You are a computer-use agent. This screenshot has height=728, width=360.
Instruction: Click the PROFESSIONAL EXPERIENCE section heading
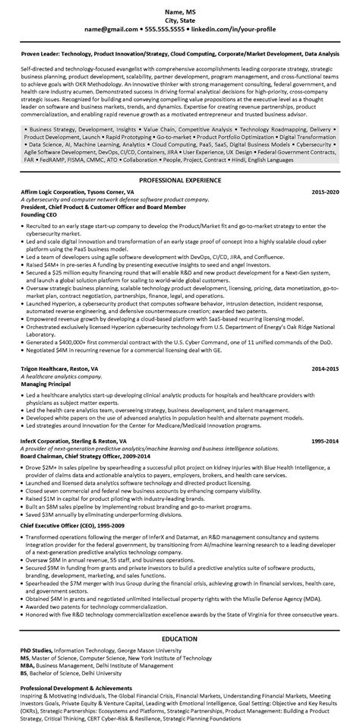(179, 181)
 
